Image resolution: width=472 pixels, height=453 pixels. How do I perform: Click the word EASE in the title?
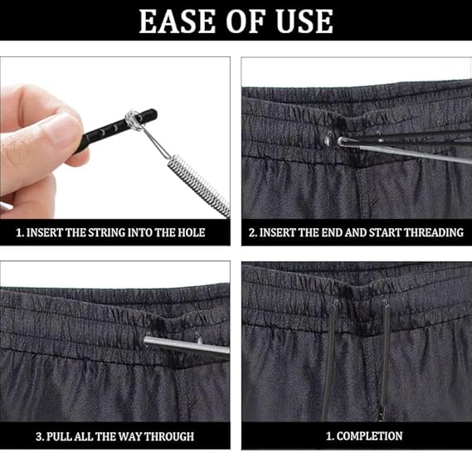tap(177, 21)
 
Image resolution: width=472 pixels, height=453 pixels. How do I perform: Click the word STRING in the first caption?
tap(106, 232)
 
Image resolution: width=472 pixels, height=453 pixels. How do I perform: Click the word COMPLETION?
tap(370, 436)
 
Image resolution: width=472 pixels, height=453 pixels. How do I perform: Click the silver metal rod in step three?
tap(187, 346)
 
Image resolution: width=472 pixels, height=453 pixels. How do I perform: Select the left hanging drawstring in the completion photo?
tap(329, 360)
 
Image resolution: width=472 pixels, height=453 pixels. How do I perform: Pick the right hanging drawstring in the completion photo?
tap(384, 360)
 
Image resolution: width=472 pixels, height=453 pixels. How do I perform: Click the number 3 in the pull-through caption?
tap(39, 436)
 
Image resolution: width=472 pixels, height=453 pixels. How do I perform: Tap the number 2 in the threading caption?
tap(252, 232)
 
